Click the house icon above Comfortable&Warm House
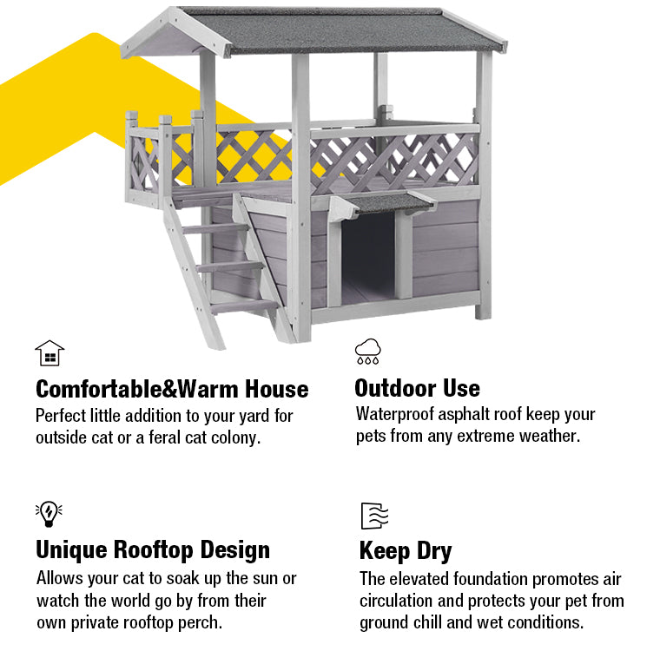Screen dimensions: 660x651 click(49, 353)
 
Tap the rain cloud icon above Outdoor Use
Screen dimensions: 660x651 click(368, 351)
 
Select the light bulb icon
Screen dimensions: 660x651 click(49, 514)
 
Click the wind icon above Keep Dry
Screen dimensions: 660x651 click(374, 516)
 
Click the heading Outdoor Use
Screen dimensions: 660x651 click(417, 388)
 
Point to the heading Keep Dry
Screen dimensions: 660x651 click(406, 551)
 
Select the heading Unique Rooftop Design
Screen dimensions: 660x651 click(153, 550)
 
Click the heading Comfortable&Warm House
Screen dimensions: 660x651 click(172, 389)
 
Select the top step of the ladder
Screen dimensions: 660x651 click(215, 228)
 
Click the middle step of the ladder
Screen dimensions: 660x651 click(229, 266)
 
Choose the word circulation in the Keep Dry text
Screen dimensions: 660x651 click(396, 601)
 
